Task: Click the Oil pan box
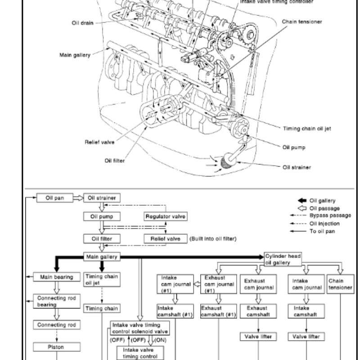(55, 198)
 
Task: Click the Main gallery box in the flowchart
(102, 257)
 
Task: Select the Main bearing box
(56, 277)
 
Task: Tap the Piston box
(56, 347)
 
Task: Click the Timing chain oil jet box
(102, 280)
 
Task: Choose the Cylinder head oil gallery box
(283, 257)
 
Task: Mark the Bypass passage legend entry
(334, 216)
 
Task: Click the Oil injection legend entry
(331, 223)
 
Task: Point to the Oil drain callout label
(82, 23)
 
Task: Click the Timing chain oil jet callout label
(306, 128)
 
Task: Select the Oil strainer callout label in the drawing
(297, 167)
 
